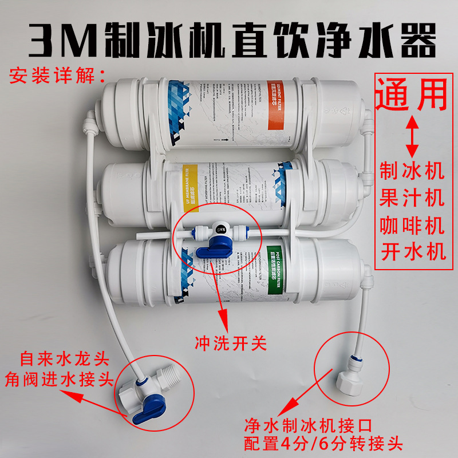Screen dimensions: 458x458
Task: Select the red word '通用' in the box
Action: tap(410, 94)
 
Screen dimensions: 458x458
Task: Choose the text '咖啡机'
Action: tap(411, 226)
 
